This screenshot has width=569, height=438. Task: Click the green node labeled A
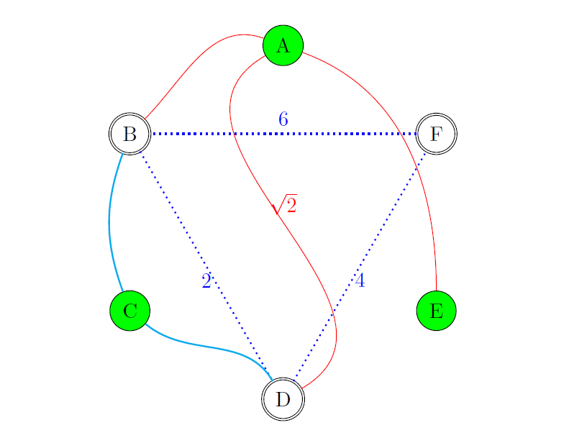click(283, 45)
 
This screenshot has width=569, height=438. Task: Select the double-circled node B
click(129, 134)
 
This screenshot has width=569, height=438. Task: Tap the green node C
click(129, 311)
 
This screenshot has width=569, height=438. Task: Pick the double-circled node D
click(283, 398)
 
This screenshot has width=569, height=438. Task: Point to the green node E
click(436, 311)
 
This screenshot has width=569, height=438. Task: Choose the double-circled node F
click(436, 134)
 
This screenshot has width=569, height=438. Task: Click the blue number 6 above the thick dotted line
click(283, 119)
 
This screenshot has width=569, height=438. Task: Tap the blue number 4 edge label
click(360, 280)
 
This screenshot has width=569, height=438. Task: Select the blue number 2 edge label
click(206, 281)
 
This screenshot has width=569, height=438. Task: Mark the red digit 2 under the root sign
click(291, 206)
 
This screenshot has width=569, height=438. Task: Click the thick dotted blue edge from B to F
click(216, 134)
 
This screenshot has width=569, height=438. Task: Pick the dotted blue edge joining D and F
click(388, 216)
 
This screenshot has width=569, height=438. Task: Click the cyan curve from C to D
click(209, 347)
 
